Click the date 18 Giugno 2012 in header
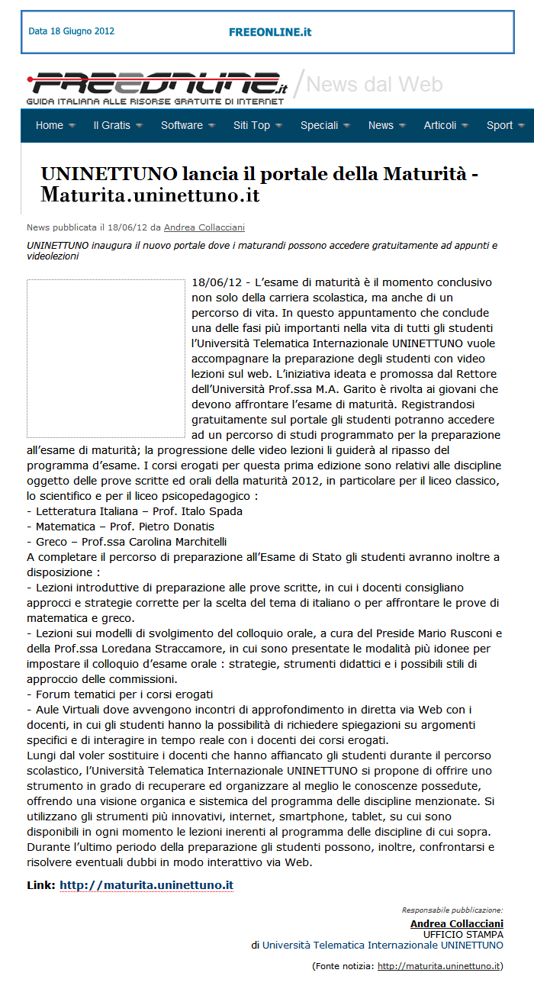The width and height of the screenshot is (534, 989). point(71,31)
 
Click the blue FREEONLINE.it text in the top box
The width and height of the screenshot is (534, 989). point(270,32)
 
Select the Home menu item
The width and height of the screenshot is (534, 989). point(50,125)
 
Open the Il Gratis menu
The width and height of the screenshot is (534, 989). point(112,125)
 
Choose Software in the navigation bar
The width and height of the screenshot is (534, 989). point(182,125)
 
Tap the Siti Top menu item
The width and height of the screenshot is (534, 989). point(252,125)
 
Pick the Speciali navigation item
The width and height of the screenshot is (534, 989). point(319,125)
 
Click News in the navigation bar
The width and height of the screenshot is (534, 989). point(381,125)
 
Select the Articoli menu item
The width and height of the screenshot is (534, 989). point(440,125)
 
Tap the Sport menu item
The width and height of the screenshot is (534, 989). point(500,125)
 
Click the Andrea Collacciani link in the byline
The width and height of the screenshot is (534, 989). point(204,227)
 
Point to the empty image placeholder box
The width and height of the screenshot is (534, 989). point(106,358)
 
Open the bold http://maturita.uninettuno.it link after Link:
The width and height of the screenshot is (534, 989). point(146,885)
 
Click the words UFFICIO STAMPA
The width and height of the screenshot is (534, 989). point(463,934)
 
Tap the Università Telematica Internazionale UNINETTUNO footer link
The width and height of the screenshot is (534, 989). point(383,945)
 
